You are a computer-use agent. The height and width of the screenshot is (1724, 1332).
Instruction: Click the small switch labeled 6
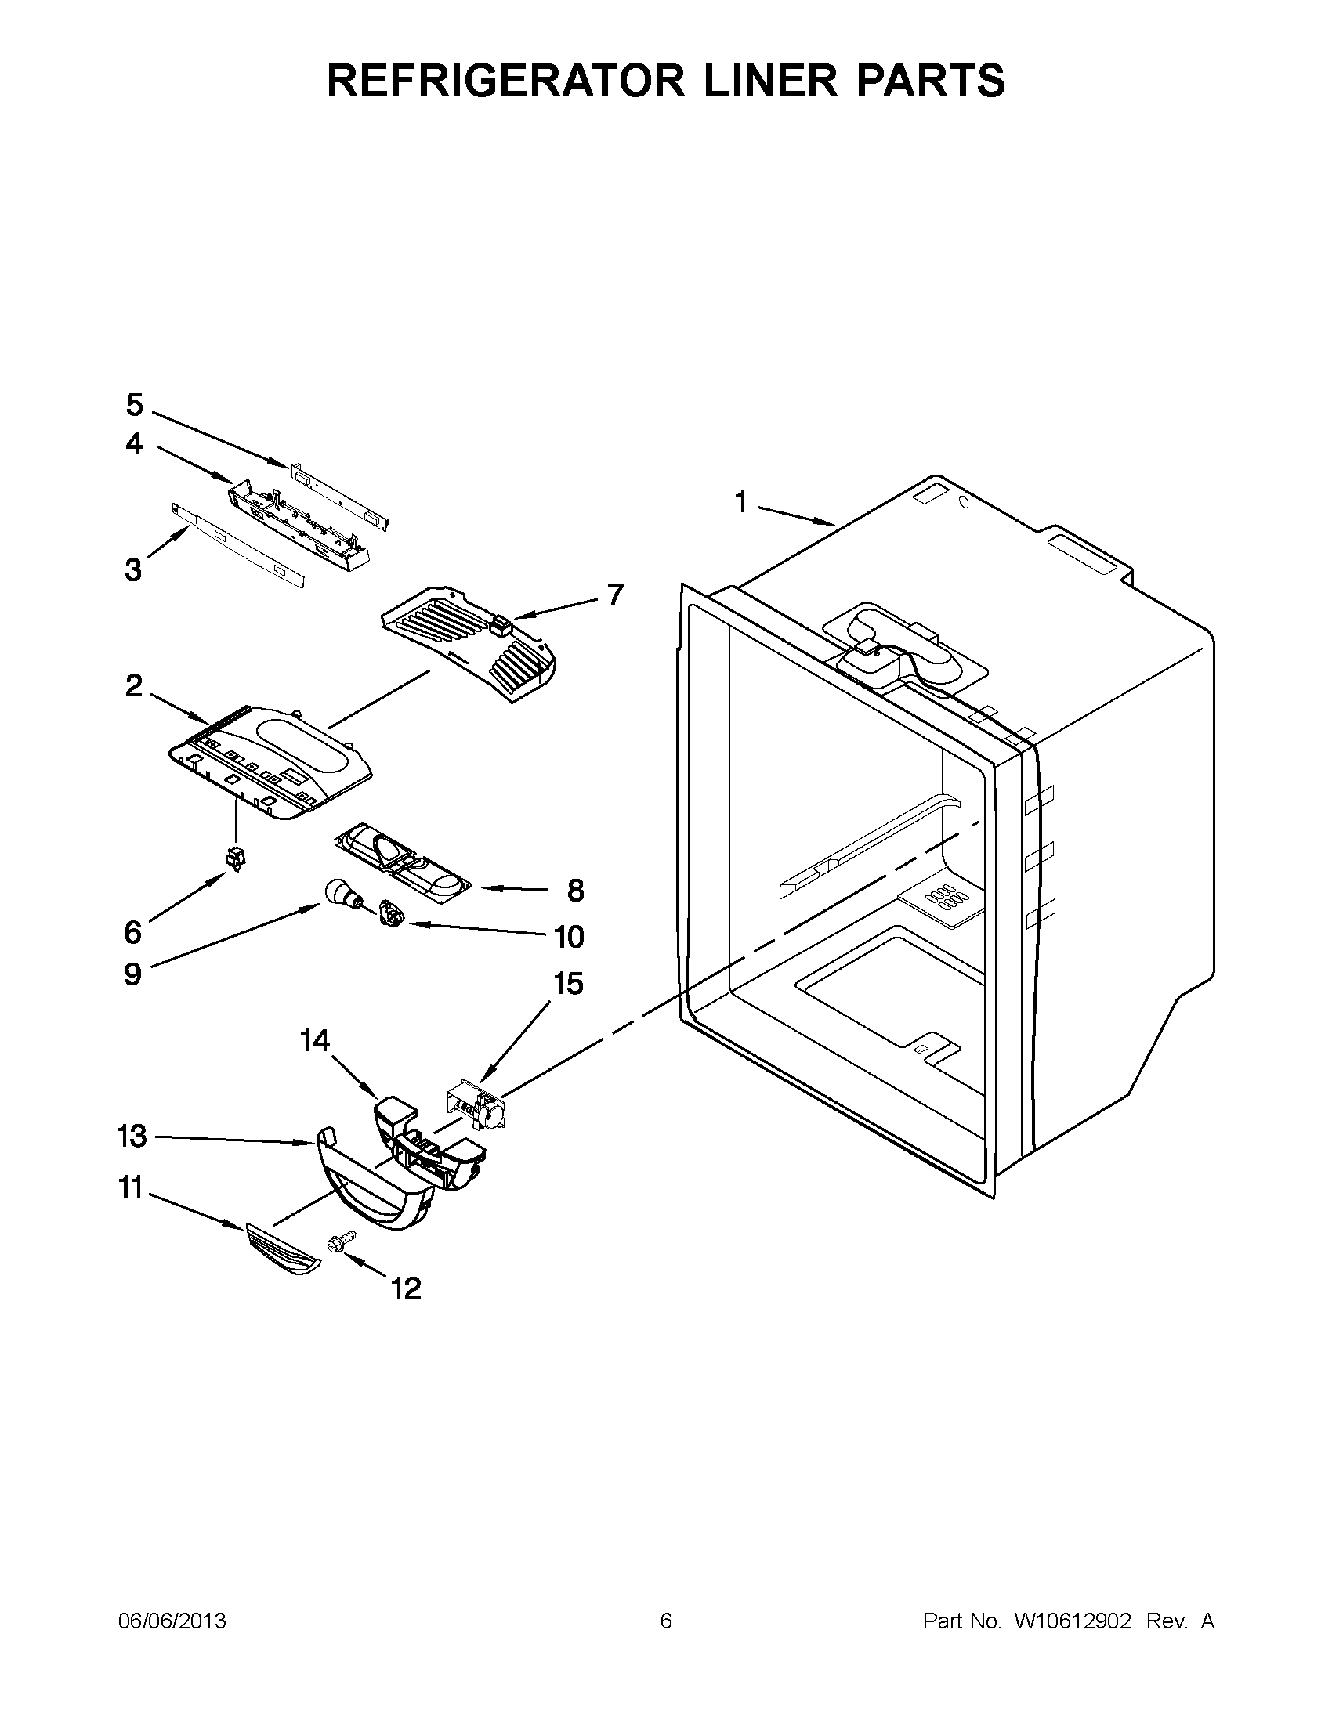click(234, 857)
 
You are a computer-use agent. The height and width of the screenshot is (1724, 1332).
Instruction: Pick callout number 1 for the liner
click(740, 501)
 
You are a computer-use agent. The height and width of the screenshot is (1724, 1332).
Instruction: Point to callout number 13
click(131, 1136)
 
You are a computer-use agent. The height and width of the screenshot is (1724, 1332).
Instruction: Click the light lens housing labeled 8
click(399, 860)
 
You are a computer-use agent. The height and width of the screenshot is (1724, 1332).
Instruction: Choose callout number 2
click(134, 685)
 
